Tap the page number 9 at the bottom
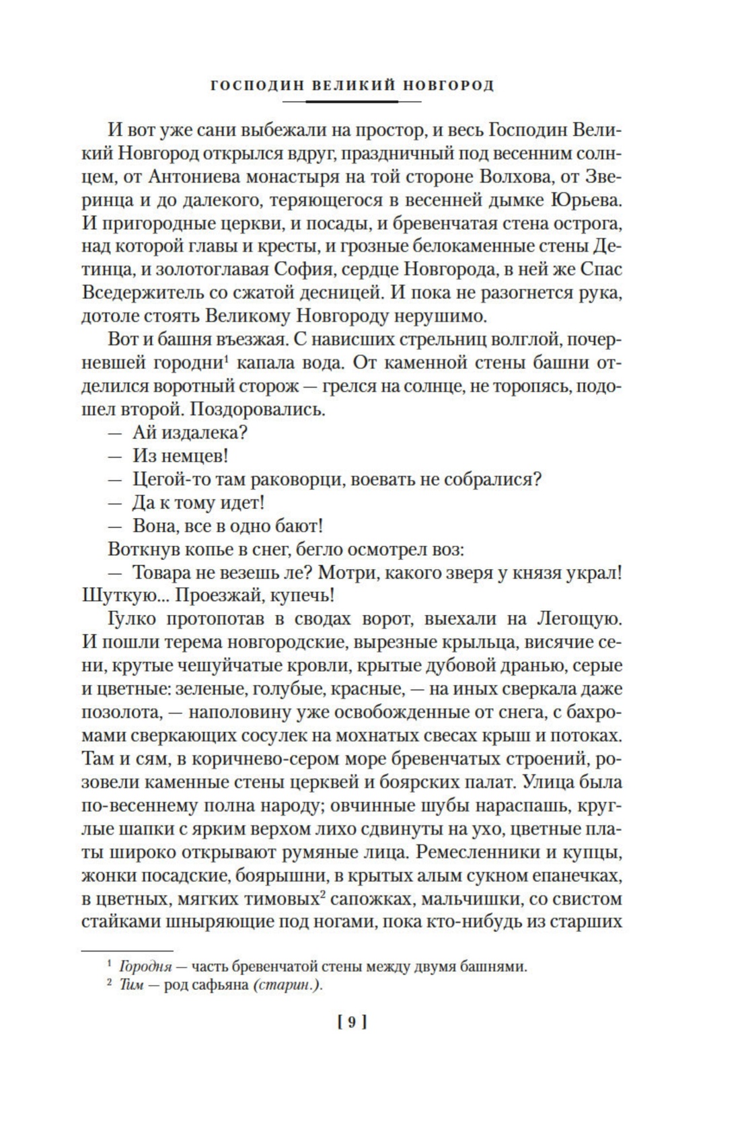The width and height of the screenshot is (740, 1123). point(350,1023)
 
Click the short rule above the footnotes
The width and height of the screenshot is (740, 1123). point(108,950)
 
